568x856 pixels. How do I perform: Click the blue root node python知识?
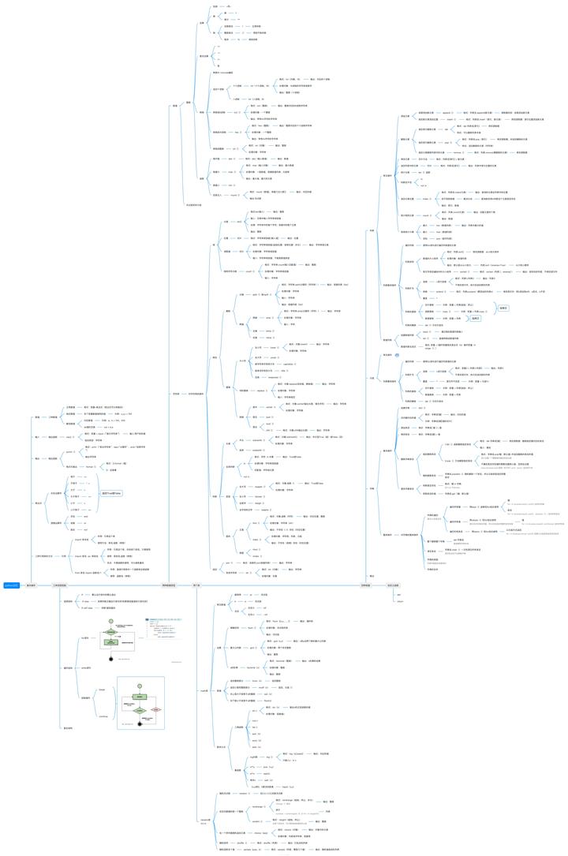pos(11,585)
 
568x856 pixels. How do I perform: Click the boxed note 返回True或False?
pos(111,492)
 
